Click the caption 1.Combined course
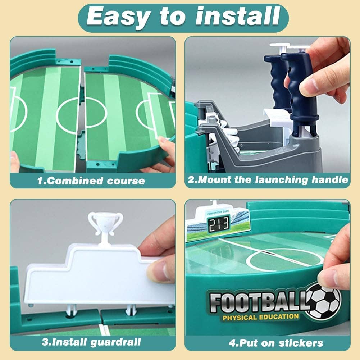[x=91, y=181]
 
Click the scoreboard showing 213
[x=218, y=224]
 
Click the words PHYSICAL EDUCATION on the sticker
[x=261, y=317]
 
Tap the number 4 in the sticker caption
[x=232, y=342]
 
